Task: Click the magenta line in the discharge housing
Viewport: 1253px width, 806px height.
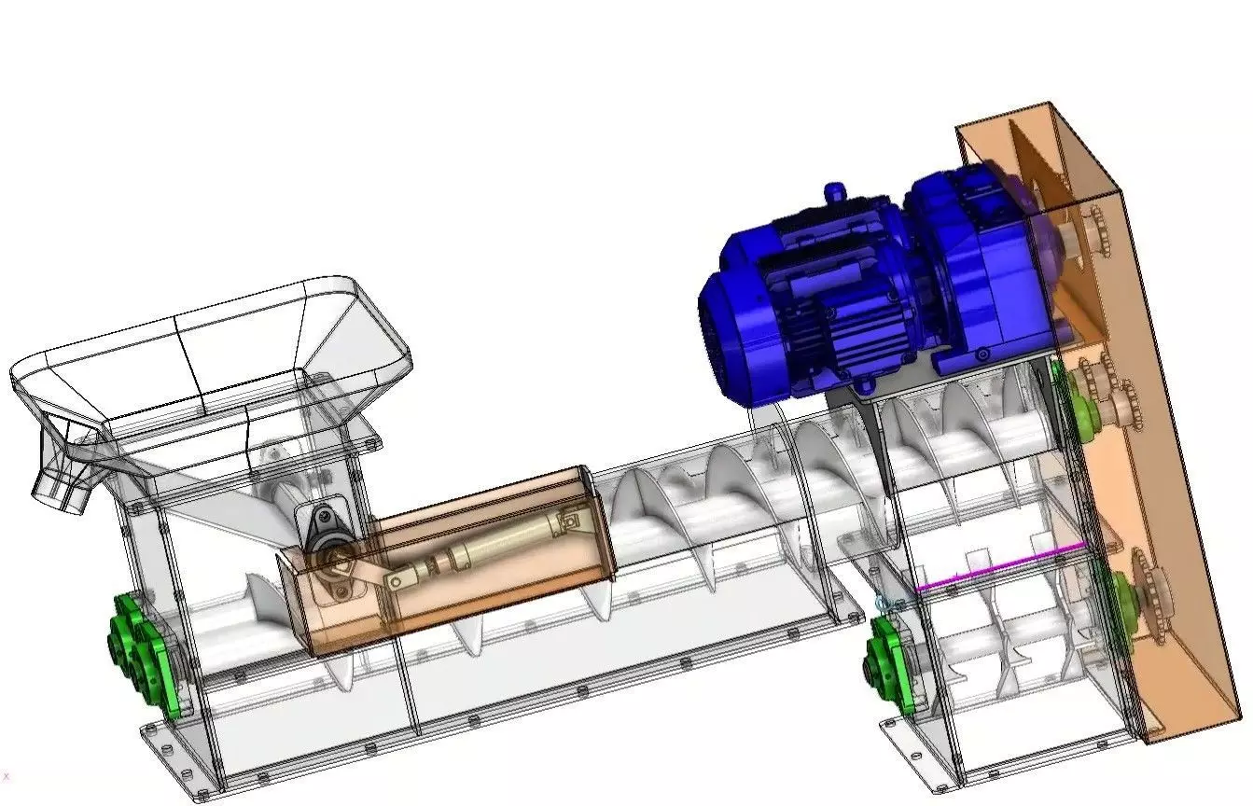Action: [1003, 566]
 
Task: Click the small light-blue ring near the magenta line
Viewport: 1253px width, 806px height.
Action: [883, 604]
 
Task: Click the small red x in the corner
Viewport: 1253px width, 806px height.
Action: [7, 776]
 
